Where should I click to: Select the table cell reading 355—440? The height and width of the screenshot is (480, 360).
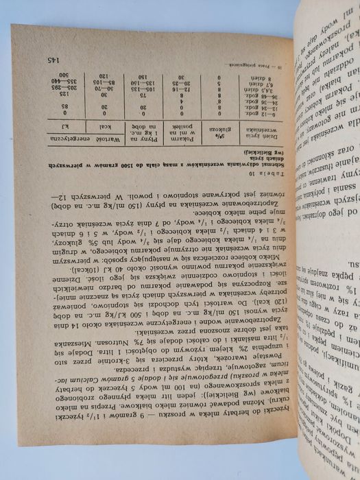pyautogui.click(x=65, y=82)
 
